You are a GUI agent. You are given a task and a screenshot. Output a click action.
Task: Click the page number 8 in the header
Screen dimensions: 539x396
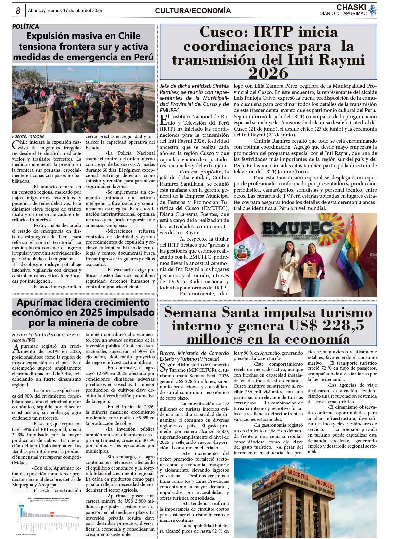click(18, 11)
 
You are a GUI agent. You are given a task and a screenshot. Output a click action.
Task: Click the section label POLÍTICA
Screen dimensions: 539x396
click(25, 27)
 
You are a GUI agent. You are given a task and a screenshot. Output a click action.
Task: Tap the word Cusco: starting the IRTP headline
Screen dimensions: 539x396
click(223, 32)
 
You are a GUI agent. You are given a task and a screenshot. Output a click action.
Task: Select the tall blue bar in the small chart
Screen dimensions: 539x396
click(21, 510)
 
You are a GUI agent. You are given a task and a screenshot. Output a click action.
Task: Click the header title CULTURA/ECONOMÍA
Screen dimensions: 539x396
click(193, 11)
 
